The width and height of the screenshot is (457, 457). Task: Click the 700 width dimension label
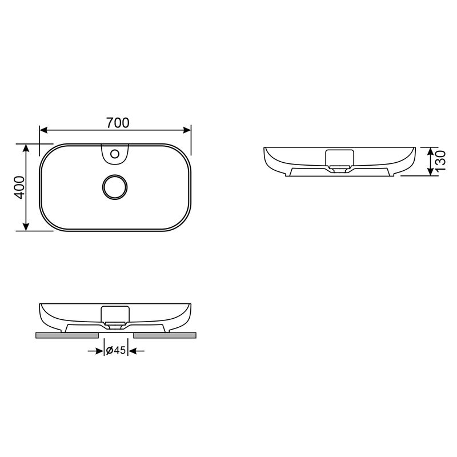118,122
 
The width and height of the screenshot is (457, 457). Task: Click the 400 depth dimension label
19,187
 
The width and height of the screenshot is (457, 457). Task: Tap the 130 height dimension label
440,162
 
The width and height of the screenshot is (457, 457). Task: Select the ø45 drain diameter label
116,351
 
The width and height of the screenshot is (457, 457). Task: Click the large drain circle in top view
115,187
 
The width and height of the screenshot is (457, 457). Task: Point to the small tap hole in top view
115,153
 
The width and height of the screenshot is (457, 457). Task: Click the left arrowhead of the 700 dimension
43,130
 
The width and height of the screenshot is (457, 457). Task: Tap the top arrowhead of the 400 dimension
26,147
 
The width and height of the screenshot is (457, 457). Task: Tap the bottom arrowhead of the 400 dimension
26,227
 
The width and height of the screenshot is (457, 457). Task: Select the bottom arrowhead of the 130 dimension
430,172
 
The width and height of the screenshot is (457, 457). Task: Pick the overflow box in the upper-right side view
339,157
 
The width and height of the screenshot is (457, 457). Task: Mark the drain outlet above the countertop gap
116,327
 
